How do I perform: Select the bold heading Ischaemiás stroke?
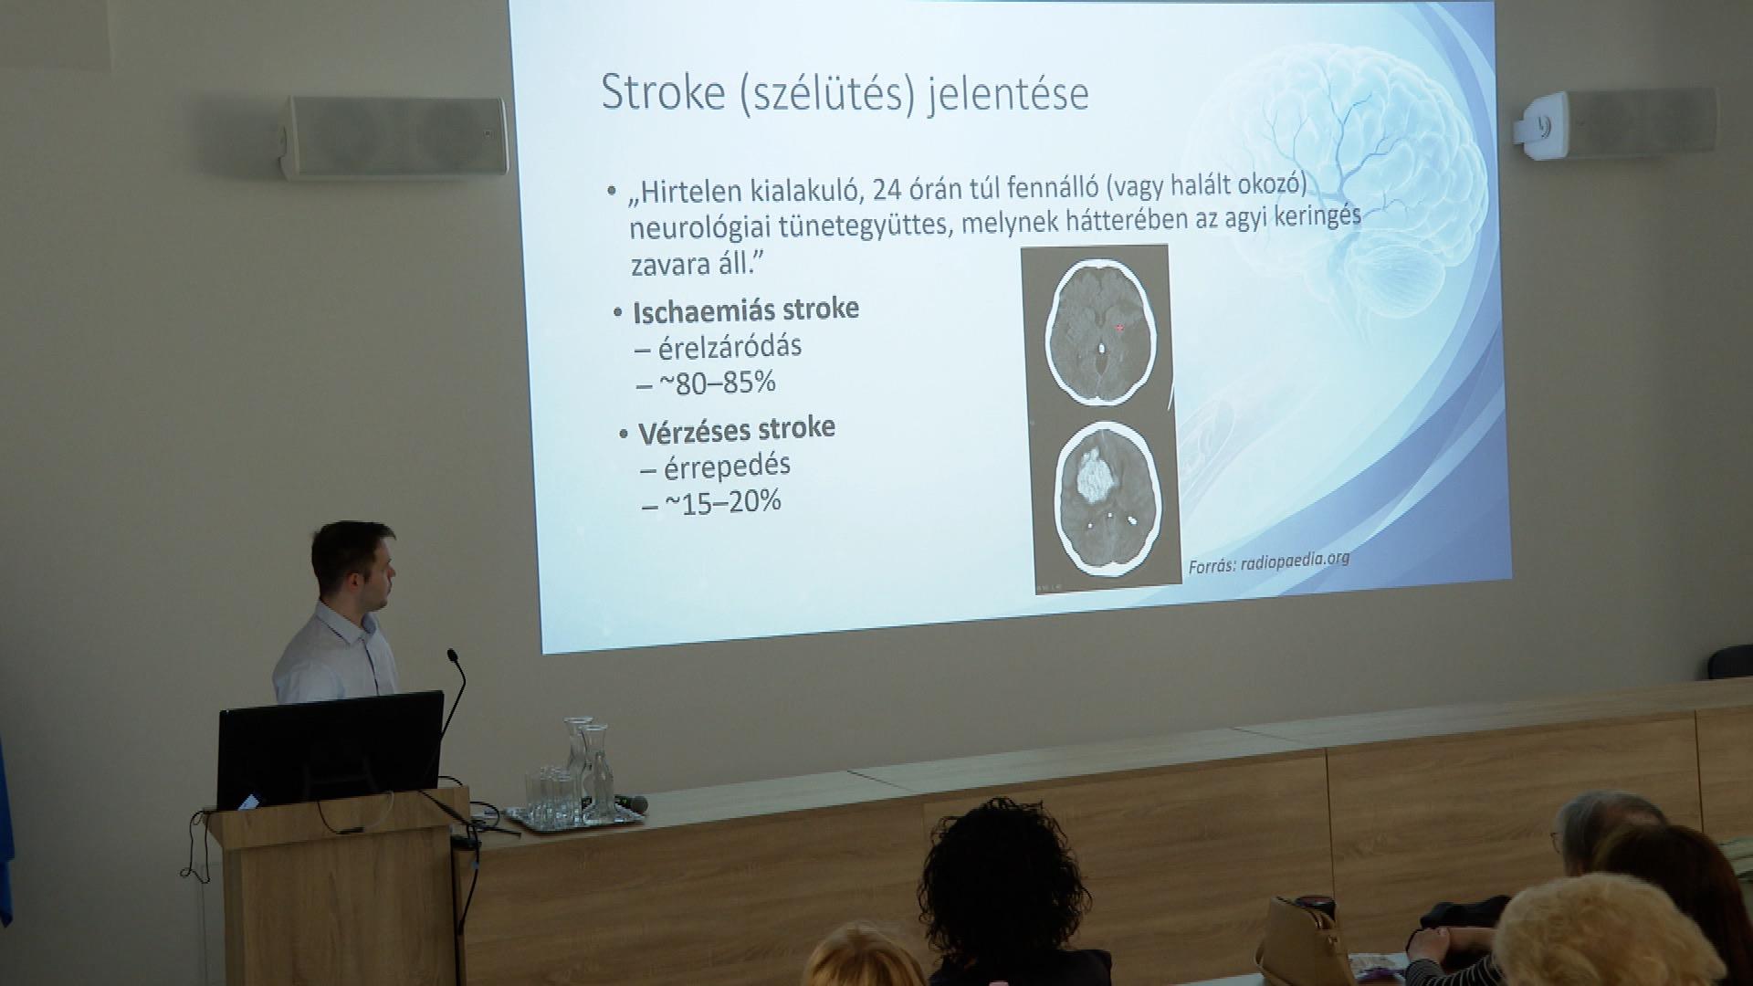coord(746,310)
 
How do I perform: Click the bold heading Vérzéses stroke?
coord(736,430)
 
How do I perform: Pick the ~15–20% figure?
coord(722,501)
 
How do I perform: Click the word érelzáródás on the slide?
coord(730,347)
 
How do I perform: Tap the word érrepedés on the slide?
coord(727,466)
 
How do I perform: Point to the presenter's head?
coord(352,561)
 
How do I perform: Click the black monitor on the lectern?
coord(330,750)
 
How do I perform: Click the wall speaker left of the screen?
coord(394,137)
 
